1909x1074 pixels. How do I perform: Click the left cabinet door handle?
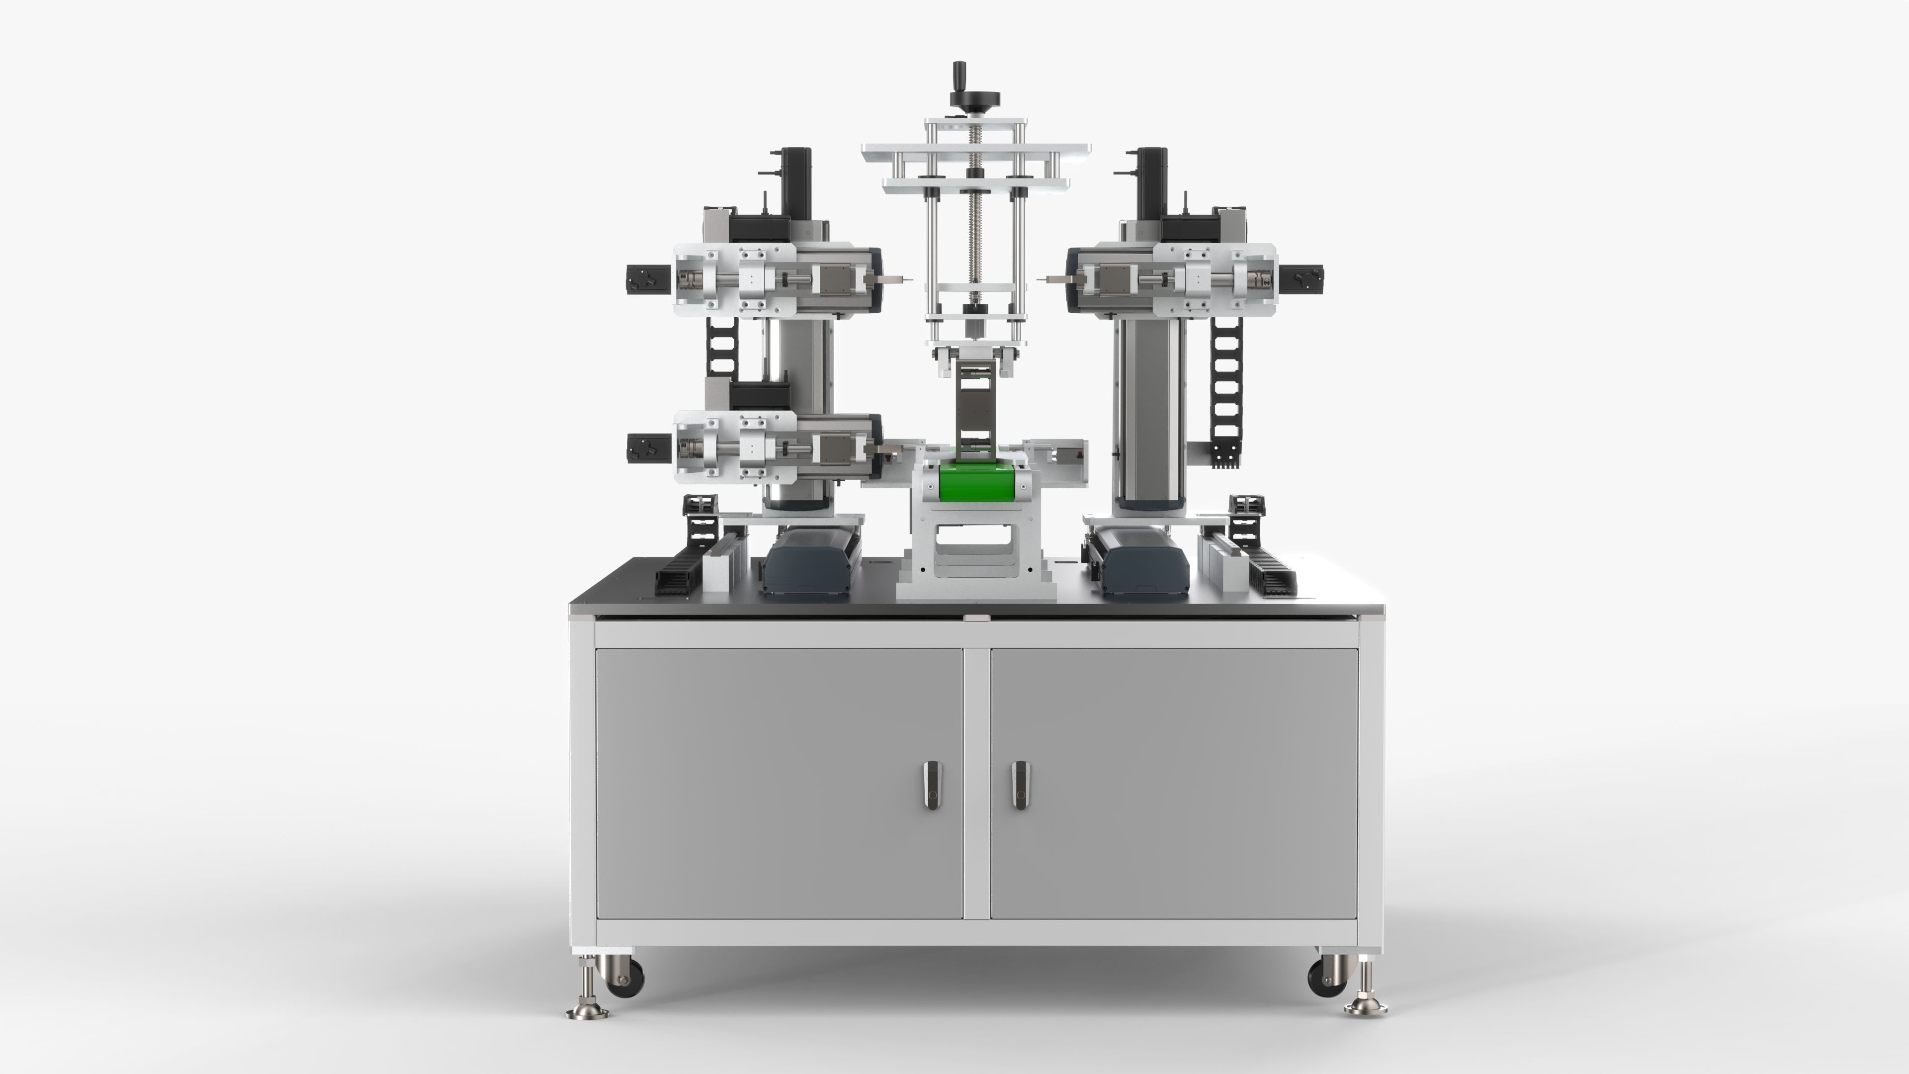[932, 785]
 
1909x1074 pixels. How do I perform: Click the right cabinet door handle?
[1021, 785]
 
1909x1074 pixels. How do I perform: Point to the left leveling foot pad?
[588, 1012]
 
